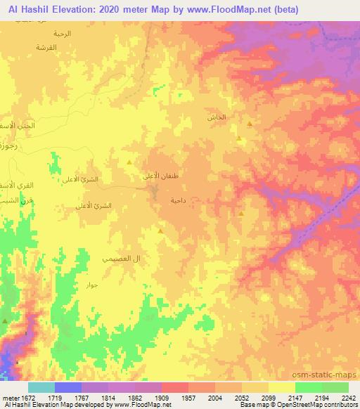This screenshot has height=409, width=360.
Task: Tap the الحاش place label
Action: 217,117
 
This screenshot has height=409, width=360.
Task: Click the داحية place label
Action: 177,200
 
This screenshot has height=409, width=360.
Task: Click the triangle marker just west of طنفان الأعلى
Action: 129,162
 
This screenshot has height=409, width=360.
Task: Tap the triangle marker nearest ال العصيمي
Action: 161,231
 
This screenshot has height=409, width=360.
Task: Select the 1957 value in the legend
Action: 188,397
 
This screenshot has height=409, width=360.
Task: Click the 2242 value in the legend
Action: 348,397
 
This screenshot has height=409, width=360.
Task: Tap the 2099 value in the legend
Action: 268,397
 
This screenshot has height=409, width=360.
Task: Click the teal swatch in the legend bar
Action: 41,387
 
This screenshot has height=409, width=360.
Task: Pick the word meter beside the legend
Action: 11,397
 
